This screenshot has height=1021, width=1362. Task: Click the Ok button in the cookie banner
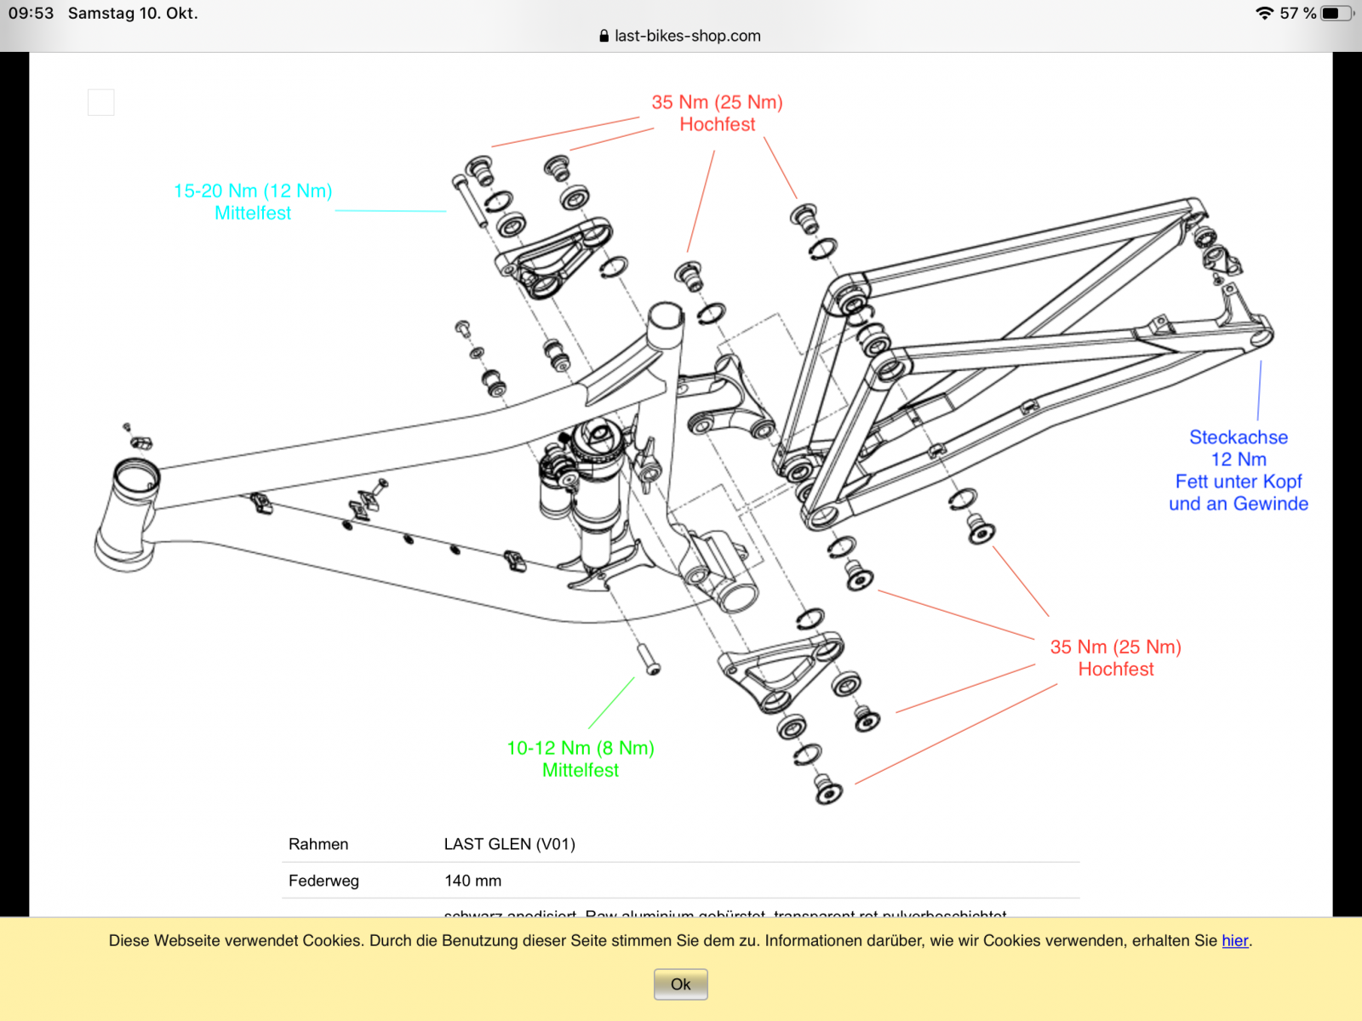pyautogui.click(x=680, y=984)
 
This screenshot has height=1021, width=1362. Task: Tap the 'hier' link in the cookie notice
pyautogui.click(x=1234, y=940)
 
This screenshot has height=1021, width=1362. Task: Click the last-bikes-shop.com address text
pyautogui.click(x=687, y=36)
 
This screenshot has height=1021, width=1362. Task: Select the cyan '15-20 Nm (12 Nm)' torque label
pyautogui.click(x=253, y=191)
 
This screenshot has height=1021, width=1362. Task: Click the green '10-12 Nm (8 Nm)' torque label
pyautogui.click(x=581, y=748)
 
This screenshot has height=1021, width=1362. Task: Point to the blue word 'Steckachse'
pyautogui.click(x=1239, y=437)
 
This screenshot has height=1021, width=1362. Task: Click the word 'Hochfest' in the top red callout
pyautogui.click(x=717, y=124)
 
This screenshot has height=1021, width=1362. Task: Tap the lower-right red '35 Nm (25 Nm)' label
pyautogui.click(x=1115, y=647)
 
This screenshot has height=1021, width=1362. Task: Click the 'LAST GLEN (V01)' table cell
pyautogui.click(x=509, y=844)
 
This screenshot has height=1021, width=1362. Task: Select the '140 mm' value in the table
pyautogui.click(x=472, y=881)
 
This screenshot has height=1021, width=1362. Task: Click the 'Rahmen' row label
pyautogui.click(x=318, y=844)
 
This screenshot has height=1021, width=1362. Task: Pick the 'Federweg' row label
pyautogui.click(x=323, y=881)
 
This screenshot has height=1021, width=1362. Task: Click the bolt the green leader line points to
pyautogui.click(x=649, y=659)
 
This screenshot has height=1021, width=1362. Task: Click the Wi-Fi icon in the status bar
pyautogui.click(x=1264, y=13)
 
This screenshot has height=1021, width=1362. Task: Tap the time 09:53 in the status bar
pyautogui.click(x=31, y=13)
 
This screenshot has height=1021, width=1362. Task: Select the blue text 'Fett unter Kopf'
pyautogui.click(x=1239, y=482)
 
